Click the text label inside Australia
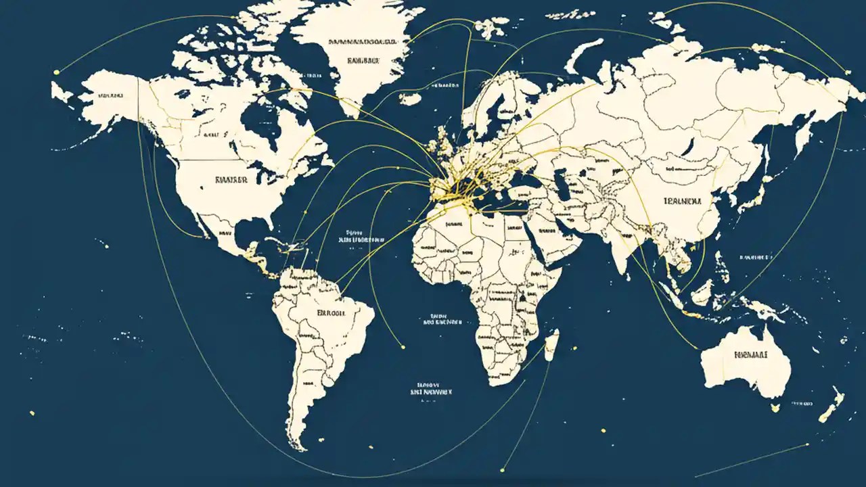pos(750,354)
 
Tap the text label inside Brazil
pos(331,313)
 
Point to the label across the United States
pos(231,180)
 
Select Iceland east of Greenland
pos(410,99)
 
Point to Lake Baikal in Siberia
pos(690,145)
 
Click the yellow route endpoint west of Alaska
pos(57,71)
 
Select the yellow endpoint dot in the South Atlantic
pos(403,347)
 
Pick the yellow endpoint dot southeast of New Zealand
pos(808,444)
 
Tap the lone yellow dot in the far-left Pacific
pos(31,413)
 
